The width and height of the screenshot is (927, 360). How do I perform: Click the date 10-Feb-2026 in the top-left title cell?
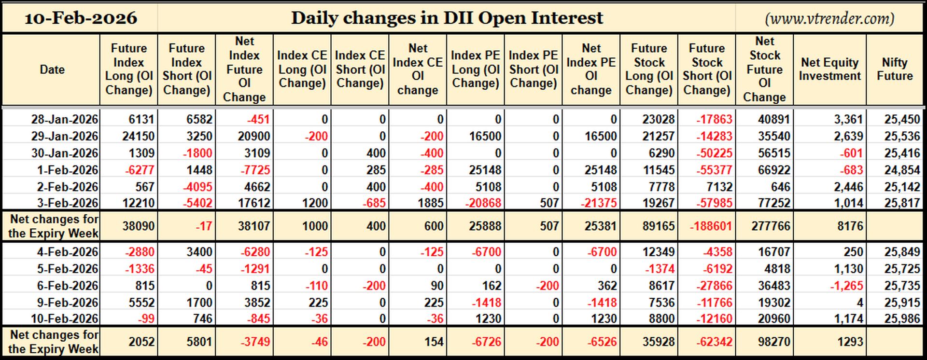(x=81, y=18)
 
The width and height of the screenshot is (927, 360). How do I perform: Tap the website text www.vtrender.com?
(x=830, y=18)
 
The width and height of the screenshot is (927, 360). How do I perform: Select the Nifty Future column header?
(x=895, y=69)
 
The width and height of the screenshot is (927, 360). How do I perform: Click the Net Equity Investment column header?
(x=830, y=69)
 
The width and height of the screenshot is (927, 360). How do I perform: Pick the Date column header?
(x=52, y=69)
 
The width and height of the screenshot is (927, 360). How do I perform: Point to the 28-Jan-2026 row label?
(x=65, y=119)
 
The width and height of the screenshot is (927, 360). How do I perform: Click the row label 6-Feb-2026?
(x=68, y=286)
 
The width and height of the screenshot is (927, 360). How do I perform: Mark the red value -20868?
(x=483, y=203)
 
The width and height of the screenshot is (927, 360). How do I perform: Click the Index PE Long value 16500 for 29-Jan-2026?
(x=485, y=136)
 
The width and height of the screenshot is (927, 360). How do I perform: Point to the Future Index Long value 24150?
(x=139, y=136)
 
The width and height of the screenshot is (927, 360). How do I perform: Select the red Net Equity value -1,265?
(x=846, y=286)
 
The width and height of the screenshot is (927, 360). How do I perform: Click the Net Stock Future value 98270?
(x=774, y=342)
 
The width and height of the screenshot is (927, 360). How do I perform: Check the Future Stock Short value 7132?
(x=719, y=187)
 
